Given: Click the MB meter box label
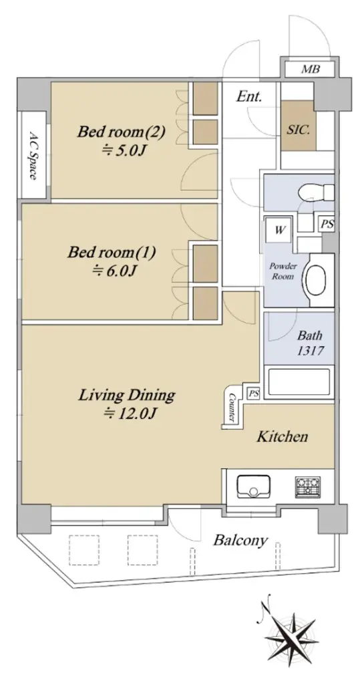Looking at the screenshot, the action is point(310,68).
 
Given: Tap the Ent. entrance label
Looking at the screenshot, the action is point(249,96).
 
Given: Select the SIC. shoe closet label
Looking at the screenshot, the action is point(299,130).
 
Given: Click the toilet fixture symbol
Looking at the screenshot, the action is point(318,190).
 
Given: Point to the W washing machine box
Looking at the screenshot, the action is point(280,230).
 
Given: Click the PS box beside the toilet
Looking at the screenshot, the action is point(327,224).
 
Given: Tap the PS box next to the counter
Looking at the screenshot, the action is point(254,394).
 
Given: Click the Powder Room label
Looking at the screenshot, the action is point(283,271).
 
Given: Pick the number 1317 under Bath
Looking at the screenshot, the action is point(309,350).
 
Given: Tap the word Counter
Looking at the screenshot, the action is point(231,406).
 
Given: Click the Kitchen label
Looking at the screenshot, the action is point(282,436).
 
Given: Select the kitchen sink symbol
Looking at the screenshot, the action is point(254,487).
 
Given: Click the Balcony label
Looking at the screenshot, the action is point(241,541).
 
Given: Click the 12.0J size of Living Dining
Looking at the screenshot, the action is point(129,414).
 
